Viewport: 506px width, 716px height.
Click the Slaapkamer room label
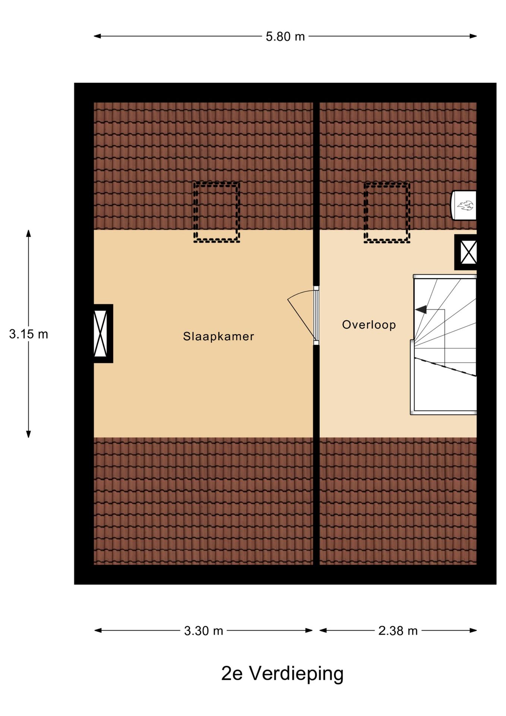click(x=218, y=336)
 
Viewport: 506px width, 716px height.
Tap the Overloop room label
click(x=369, y=324)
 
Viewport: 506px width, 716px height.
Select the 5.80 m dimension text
click(x=285, y=37)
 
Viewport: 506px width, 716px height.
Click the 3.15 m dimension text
click(x=29, y=334)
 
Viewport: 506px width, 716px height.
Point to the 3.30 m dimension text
click(x=203, y=631)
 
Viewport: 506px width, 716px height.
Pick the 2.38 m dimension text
click(x=398, y=631)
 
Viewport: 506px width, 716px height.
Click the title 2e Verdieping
click(x=282, y=673)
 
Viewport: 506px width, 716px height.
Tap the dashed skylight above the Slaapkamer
click(x=216, y=212)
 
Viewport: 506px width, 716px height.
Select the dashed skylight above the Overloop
click(x=387, y=213)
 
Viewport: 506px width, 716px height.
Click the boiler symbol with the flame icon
click(x=464, y=205)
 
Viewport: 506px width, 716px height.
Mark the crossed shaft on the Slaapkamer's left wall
click(x=101, y=333)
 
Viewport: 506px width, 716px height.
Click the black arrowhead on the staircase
click(x=421, y=310)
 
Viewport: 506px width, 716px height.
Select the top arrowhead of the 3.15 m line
click(x=28, y=233)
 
